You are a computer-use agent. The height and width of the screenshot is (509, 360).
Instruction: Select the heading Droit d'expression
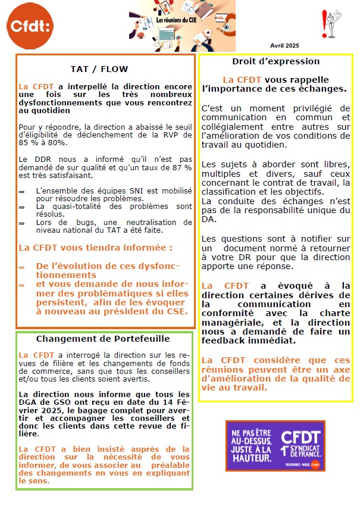click(x=276, y=61)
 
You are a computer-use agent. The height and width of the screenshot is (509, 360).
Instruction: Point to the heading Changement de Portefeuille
click(x=103, y=339)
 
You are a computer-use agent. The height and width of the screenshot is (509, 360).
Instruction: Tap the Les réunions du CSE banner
click(x=182, y=26)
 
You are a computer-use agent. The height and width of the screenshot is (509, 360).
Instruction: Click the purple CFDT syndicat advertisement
click(x=275, y=445)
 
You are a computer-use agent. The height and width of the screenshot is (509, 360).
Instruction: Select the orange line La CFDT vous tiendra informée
click(x=87, y=246)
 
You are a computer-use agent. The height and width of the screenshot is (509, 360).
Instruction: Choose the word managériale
click(x=230, y=322)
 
